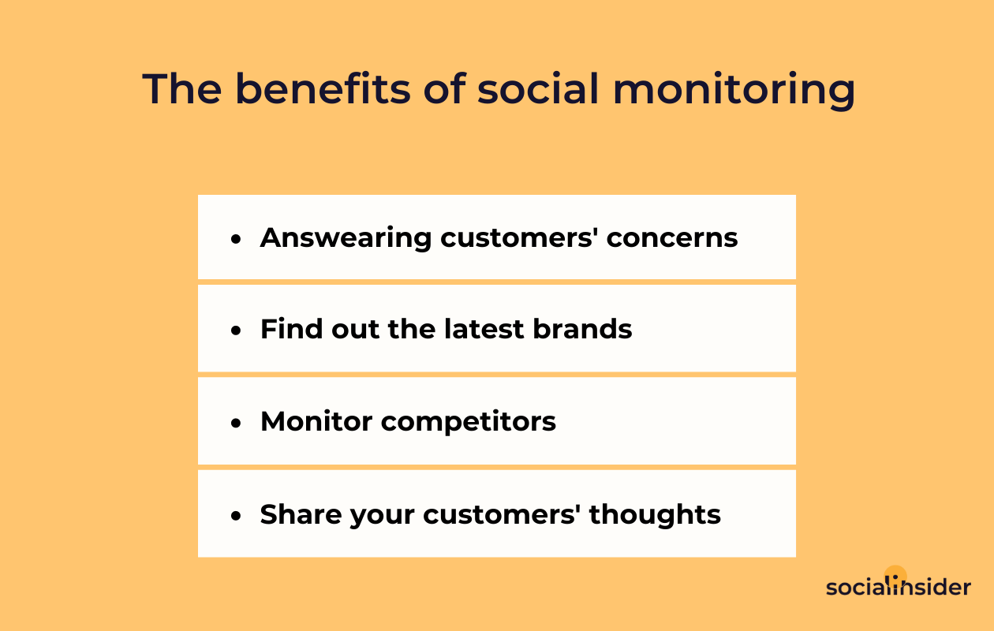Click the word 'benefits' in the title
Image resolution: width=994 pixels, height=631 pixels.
pos(323,89)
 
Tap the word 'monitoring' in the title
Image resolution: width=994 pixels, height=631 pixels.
pos(734,91)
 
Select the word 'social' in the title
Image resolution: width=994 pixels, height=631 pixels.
pos(538,89)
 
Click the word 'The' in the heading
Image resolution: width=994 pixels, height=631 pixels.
pos(182,89)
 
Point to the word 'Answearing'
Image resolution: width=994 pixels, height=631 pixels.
pos(346,239)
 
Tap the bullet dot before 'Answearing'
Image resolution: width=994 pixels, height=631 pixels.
pos(236,240)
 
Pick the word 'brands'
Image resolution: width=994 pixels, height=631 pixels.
pos(582,329)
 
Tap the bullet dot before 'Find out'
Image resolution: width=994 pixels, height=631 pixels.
pos(236,330)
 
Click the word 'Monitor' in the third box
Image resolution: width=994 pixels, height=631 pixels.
pos(316,421)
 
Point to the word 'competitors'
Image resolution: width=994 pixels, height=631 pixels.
pos(468,423)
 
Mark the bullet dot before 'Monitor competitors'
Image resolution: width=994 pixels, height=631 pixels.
pos(236,423)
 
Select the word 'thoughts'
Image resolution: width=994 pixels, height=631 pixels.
pos(655,516)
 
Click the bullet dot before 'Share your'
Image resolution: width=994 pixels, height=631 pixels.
pos(236,516)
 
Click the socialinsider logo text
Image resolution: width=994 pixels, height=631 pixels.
pos(898,587)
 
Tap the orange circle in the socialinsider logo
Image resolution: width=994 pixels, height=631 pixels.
pos(895,576)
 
